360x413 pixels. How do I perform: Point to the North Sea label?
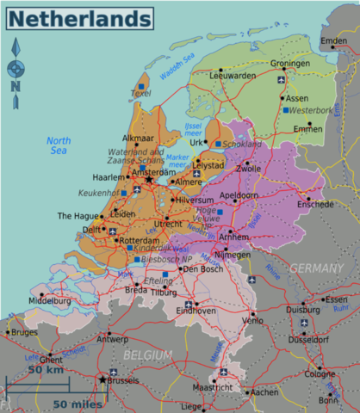pos(59,145)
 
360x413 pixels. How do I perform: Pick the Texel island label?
pos(140,93)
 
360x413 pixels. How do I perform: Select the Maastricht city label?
pos(212,388)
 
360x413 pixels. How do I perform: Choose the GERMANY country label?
pos(316,268)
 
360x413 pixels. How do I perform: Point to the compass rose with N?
pos(16,69)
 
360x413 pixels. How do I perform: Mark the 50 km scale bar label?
pos(46,369)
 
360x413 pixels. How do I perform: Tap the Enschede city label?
pos(315,205)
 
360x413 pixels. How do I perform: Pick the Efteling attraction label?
pos(158,280)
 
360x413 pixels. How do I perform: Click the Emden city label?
pos(333,41)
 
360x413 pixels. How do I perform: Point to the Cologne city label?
pos(320,374)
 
